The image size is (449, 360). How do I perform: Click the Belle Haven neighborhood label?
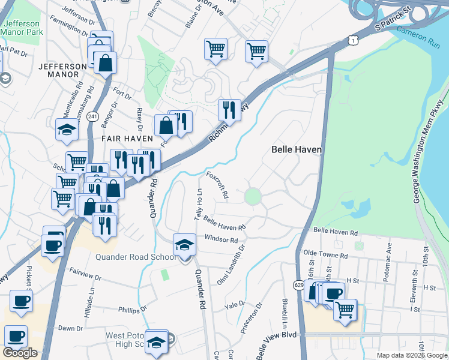297,149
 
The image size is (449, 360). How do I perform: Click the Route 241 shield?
92,116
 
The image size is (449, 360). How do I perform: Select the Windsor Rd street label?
221,239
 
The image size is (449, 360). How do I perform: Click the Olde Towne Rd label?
326,256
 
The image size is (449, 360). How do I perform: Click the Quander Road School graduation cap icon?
184,245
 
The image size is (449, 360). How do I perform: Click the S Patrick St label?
392,26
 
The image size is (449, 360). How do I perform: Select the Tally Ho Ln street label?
197,203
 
